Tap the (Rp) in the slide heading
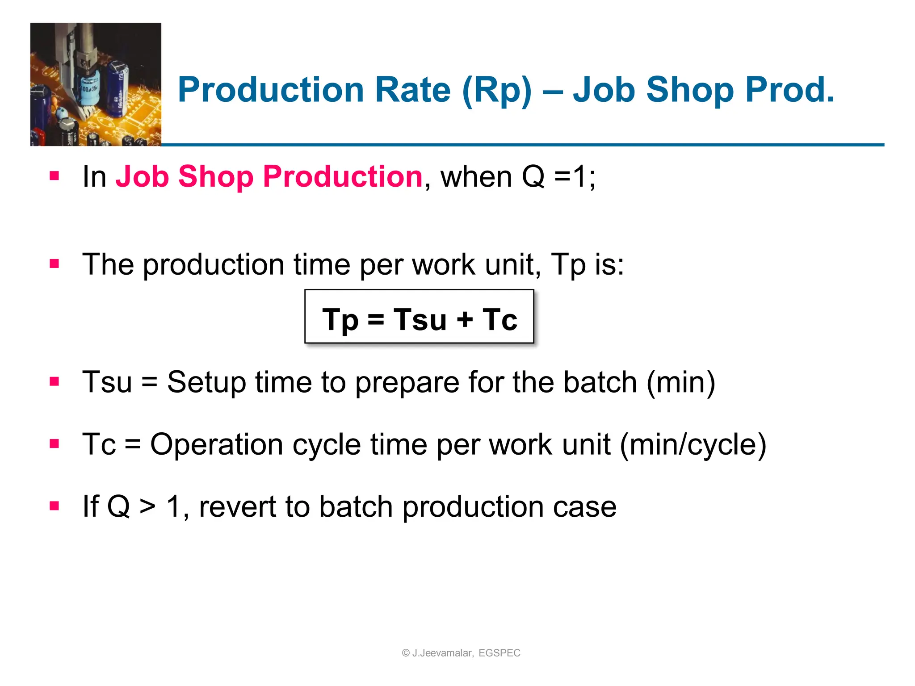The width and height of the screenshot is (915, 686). [x=497, y=91]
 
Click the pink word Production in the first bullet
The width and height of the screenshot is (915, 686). [x=343, y=176]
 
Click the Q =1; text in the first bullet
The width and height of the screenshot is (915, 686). [x=558, y=176]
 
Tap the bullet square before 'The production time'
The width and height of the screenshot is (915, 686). [x=55, y=264]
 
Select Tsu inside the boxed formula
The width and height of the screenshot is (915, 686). [x=420, y=320]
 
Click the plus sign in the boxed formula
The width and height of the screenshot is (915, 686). [x=465, y=320]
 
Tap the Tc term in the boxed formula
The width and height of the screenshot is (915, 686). [x=499, y=320]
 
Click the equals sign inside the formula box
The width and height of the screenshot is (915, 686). [x=376, y=320]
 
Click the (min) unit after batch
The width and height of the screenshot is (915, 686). [x=681, y=383]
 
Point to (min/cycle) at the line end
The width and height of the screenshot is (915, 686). [x=693, y=445]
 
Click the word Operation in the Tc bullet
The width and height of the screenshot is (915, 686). [x=216, y=445]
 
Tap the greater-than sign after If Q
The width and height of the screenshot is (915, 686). [x=148, y=507]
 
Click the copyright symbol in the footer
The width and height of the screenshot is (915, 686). [x=406, y=653]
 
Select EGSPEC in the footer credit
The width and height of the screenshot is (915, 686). [x=499, y=653]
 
